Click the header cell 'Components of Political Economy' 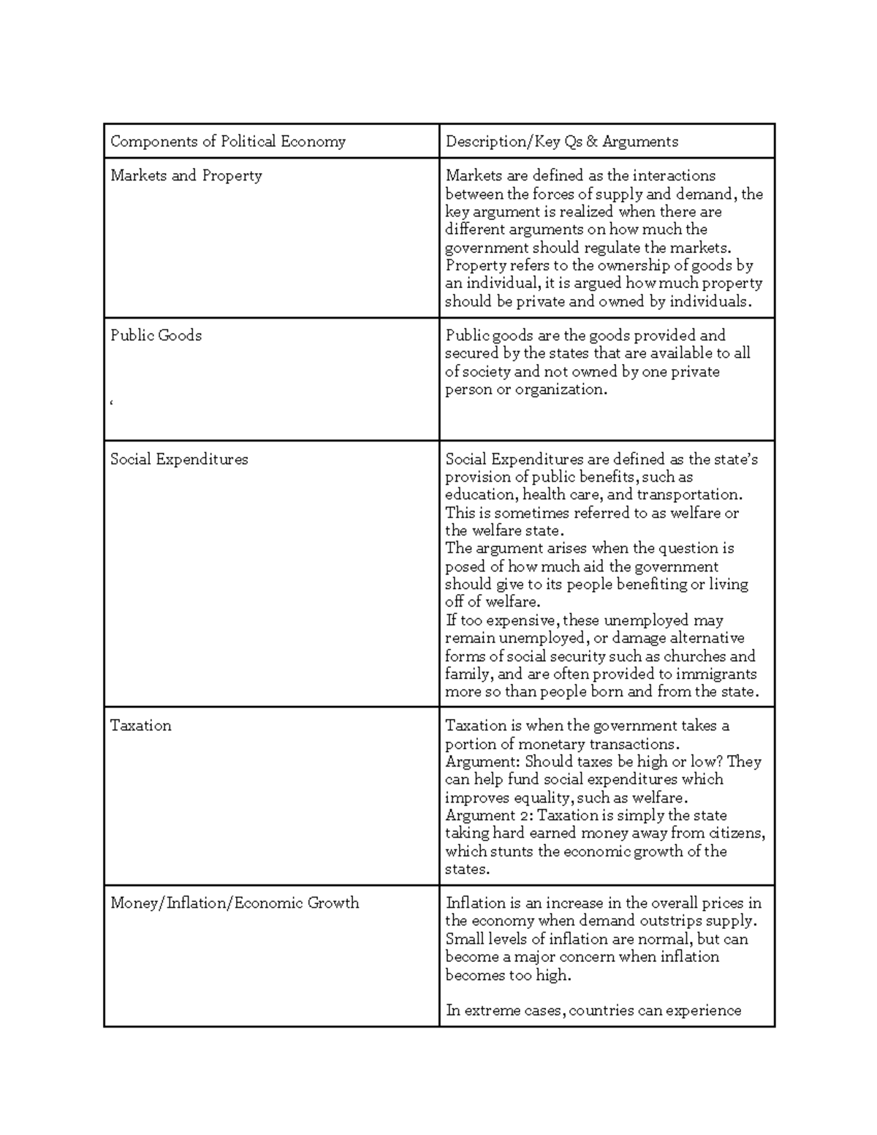tap(227, 141)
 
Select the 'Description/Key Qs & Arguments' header tap(562, 141)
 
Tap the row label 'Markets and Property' tap(186, 175)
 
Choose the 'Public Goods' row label tap(156, 335)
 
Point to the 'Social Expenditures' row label tap(179, 459)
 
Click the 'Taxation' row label tap(140, 726)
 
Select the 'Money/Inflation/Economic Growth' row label tap(235, 903)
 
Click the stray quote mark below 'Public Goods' tap(112, 403)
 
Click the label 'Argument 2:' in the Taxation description tap(489, 816)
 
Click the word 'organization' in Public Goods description tap(560, 390)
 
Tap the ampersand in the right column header tap(591, 141)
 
